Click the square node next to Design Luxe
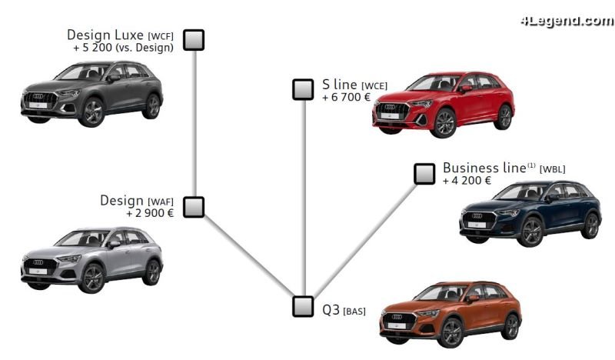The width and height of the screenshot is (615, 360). [194, 40]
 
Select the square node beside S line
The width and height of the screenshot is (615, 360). [303, 89]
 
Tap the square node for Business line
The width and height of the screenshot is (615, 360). [424, 174]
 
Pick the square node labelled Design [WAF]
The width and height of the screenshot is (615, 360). [194, 207]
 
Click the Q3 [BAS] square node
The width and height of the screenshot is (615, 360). [303, 306]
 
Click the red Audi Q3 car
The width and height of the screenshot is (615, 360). [443, 105]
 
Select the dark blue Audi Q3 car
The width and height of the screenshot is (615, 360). [530, 213]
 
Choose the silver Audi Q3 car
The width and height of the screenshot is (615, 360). [91, 260]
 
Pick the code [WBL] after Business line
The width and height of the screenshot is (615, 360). [553, 169]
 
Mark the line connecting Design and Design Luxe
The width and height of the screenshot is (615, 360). [194, 123]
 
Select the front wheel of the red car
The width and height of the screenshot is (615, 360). [443, 124]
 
